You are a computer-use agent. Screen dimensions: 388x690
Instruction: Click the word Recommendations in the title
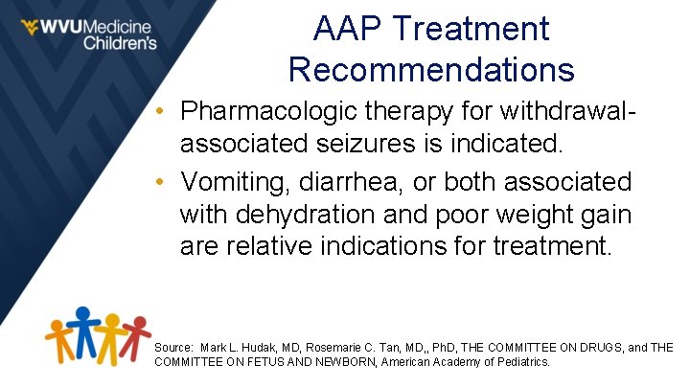click(x=431, y=69)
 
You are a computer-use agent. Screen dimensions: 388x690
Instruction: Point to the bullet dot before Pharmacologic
click(x=166, y=113)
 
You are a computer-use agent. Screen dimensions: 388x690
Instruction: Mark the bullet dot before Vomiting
click(x=166, y=181)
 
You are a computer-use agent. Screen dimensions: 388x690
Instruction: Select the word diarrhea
click(x=364, y=181)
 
